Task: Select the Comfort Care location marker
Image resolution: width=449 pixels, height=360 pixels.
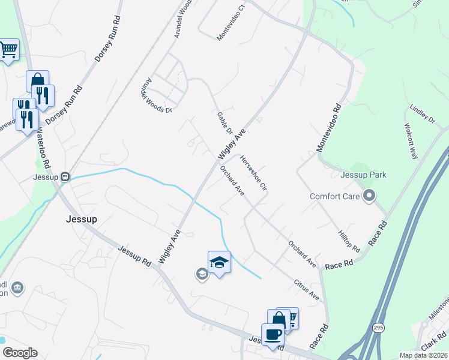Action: pos(369,196)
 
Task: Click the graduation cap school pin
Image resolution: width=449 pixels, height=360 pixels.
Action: pos(219,262)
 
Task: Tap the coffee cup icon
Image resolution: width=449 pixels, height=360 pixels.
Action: pos(273,334)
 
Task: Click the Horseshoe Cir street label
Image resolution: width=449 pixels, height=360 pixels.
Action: pos(253,174)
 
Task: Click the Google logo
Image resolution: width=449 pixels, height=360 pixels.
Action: pos(19,353)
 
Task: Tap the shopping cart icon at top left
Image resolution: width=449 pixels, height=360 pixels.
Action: pos(8,50)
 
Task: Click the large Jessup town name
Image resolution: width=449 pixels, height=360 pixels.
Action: pos(81,220)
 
